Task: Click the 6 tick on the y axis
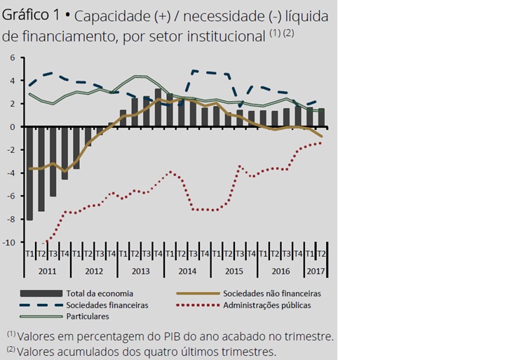(x=12, y=58)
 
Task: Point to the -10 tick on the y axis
(x=11, y=243)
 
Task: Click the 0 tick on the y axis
(x=12, y=127)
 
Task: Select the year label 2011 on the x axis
(x=47, y=269)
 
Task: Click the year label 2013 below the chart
(x=140, y=269)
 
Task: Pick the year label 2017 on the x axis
(x=316, y=269)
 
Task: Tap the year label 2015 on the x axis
(x=234, y=269)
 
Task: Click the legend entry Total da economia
(x=98, y=293)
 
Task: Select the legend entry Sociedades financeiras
(x=108, y=305)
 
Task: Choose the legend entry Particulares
(x=88, y=317)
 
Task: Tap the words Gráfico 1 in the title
(x=32, y=15)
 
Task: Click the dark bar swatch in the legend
(x=42, y=293)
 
